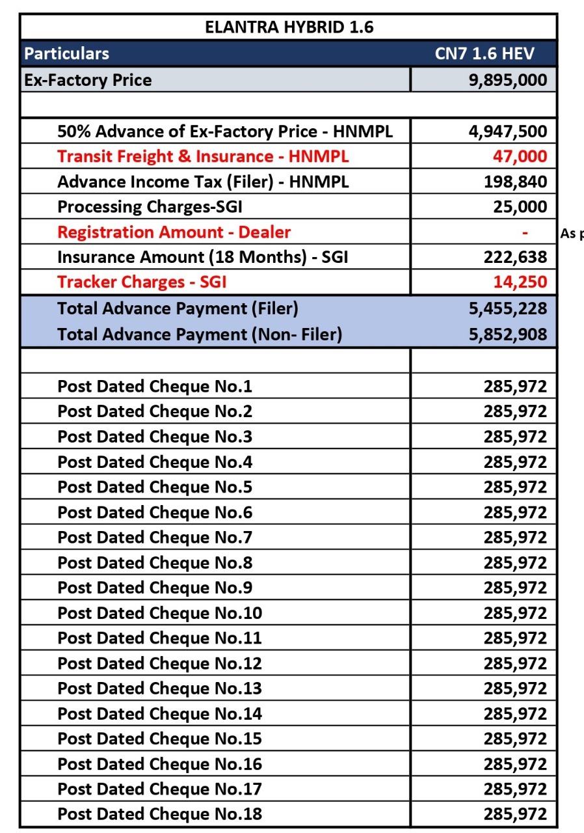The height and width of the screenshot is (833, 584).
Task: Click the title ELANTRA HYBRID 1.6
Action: tap(289, 28)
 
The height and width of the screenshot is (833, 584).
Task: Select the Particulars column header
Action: tap(67, 53)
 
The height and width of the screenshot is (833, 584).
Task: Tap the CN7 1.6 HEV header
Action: tap(484, 53)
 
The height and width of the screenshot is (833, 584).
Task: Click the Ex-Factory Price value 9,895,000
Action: tap(508, 80)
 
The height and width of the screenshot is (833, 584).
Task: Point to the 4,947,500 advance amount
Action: tap(508, 132)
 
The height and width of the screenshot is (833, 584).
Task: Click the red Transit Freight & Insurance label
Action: tap(203, 157)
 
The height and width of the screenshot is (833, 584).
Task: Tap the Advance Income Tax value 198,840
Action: tap(514, 182)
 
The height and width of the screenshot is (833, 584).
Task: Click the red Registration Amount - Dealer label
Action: tap(174, 232)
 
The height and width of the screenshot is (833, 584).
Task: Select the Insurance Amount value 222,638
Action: tap(514, 258)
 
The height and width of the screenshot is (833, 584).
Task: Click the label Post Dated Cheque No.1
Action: tap(155, 387)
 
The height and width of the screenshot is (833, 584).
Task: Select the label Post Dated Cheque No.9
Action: tap(155, 588)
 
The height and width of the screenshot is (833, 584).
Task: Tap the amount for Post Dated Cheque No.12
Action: tap(514, 663)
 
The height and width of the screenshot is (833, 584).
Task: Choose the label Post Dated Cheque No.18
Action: tap(159, 813)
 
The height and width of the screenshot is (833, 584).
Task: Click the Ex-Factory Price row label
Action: tap(88, 80)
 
